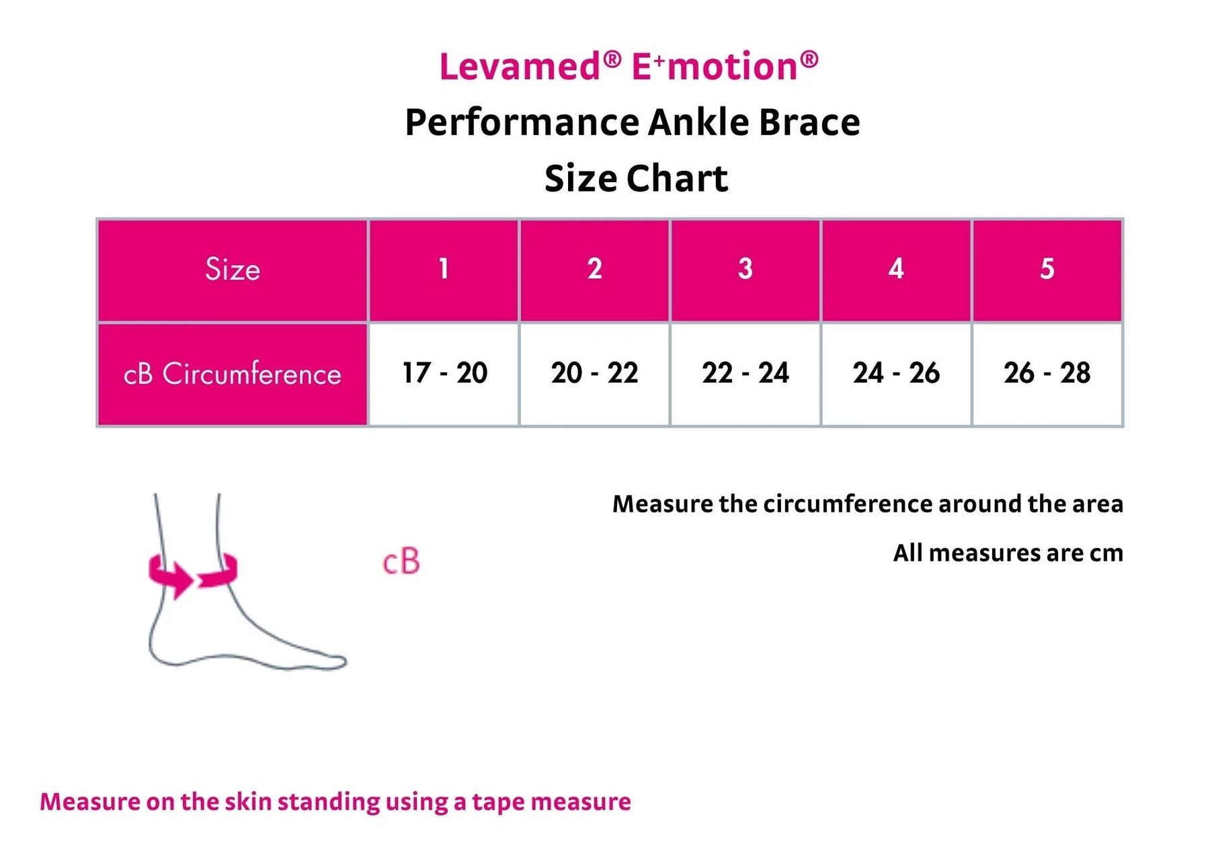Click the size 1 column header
(x=443, y=269)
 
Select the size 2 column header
(x=594, y=269)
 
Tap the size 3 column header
(x=745, y=269)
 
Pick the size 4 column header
(x=895, y=269)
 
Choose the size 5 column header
(x=1047, y=269)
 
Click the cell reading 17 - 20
(x=444, y=373)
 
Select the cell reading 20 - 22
(x=594, y=373)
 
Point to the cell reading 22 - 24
(x=745, y=373)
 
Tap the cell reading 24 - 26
(x=895, y=373)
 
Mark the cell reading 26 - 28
(x=1047, y=373)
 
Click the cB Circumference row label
(x=233, y=374)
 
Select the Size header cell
(x=233, y=269)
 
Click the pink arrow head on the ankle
(x=180, y=580)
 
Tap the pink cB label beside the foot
(x=401, y=562)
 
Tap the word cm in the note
(x=1106, y=553)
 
